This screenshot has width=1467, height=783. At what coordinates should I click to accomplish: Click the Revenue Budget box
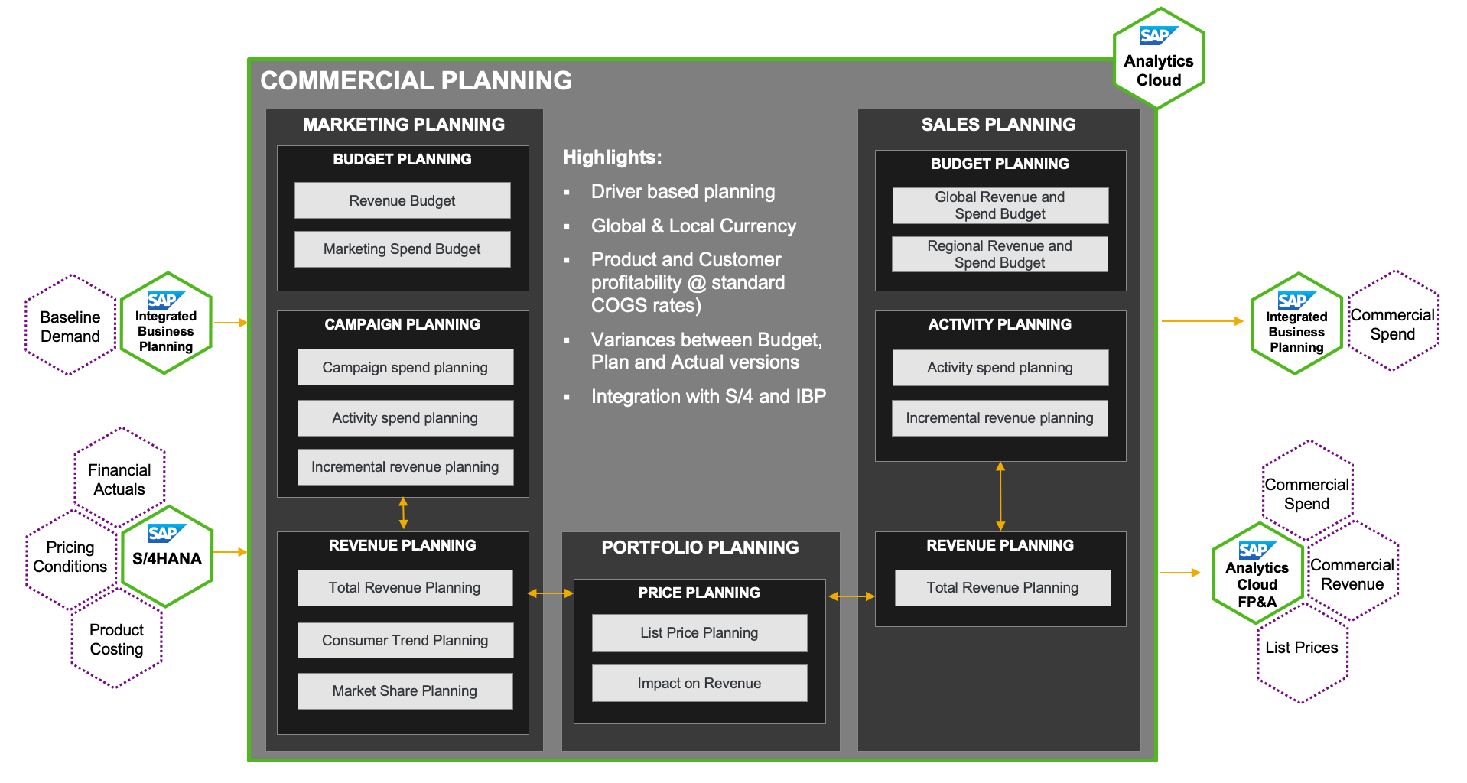coord(402,200)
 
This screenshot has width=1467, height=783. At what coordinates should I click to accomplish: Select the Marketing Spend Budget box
coord(402,249)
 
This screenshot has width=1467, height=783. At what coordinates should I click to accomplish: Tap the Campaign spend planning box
coord(405,367)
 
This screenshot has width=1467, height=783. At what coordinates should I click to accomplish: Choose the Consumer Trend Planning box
coord(405,640)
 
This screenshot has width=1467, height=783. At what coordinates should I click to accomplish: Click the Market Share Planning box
coord(405,691)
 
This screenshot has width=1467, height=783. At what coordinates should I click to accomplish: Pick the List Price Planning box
coord(699,633)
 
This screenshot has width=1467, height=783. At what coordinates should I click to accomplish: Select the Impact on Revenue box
coord(699,684)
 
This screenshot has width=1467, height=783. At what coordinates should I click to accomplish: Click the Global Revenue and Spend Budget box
coord(1000,206)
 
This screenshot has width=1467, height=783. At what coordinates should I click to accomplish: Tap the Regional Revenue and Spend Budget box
coord(1000,254)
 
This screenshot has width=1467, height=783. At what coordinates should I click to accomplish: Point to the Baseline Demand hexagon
coord(70,326)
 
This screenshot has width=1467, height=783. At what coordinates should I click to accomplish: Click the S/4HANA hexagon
coord(167,557)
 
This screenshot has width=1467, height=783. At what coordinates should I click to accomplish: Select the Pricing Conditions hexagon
coord(70,557)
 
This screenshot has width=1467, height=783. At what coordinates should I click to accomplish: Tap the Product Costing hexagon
coord(117,639)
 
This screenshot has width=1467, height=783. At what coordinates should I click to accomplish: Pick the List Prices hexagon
coord(1302,648)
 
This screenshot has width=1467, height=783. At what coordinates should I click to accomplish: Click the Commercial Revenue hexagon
coord(1352,573)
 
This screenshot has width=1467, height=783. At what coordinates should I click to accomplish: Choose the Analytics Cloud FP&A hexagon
coord(1257,575)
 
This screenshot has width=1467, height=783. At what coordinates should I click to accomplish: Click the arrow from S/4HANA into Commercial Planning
coord(230,551)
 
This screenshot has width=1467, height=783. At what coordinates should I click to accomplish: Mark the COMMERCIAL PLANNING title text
coord(416,81)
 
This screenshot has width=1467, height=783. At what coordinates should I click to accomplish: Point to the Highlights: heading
coord(612,158)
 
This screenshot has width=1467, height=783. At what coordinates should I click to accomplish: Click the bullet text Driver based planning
coord(683,192)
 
